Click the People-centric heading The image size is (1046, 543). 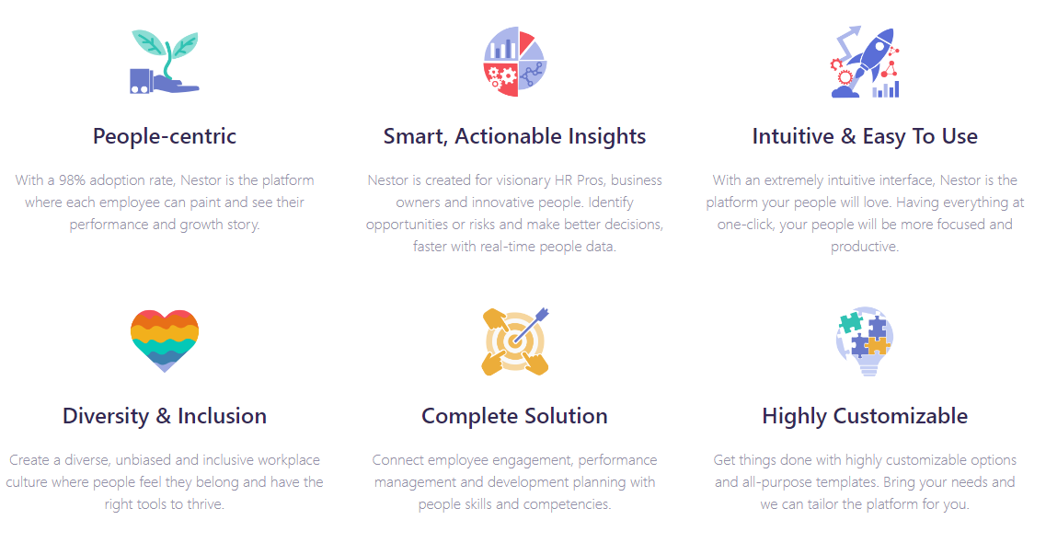(165, 136)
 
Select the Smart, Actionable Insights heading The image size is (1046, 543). (514, 136)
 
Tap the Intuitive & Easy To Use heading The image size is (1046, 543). (865, 136)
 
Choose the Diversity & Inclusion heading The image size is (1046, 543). (165, 415)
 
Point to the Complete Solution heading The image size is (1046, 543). (514, 415)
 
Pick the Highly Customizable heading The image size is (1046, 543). (865, 415)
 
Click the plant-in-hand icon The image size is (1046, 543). (165, 62)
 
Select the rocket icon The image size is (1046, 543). (865, 62)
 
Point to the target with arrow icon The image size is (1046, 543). (515, 341)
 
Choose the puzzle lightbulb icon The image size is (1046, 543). (865, 341)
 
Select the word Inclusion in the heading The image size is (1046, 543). (222, 415)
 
